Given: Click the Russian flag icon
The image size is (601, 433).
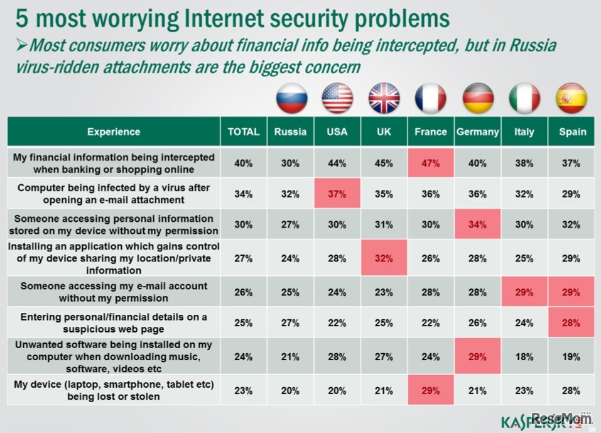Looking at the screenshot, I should click(292, 99).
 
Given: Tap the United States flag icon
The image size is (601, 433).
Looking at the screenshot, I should click(337, 99).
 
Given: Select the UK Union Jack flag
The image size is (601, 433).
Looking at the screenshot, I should click(384, 99).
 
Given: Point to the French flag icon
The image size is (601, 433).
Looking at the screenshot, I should click(431, 99).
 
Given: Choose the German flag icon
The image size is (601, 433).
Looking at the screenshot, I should click(478, 99).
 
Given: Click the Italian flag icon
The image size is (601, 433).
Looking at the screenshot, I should click(524, 99).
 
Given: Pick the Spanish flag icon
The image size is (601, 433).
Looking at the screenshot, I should click(571, 99).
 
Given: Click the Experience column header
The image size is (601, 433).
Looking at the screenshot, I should click(114, 132).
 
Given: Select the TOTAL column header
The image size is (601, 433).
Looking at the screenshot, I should click(244, 132).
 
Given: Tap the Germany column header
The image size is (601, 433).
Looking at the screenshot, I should click(477, 132).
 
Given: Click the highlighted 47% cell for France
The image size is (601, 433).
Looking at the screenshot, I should click(431, 163).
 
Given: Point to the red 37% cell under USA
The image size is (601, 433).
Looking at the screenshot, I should click(337, 194).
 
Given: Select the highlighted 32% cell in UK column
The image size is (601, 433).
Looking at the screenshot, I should click(384, 259).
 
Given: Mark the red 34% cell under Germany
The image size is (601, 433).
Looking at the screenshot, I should click(477, 225).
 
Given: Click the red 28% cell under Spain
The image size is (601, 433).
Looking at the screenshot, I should click(571, 323).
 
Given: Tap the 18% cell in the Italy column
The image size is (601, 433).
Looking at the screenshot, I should click(524, 357).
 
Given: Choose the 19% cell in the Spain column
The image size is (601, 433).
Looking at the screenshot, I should click(571, 357).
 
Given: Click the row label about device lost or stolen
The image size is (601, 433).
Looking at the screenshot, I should click(114, 390).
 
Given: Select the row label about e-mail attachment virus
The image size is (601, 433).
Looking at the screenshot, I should click(114, 194).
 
